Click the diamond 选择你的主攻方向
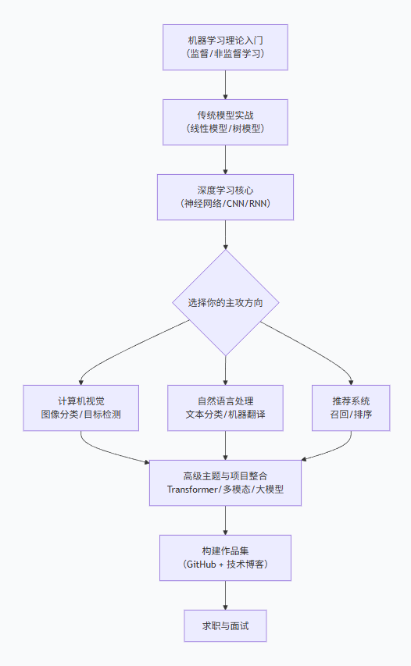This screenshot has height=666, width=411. click(x=225, y=303)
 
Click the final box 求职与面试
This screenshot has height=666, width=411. click(x=225, y=625)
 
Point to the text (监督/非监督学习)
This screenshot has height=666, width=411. click(x=225, y=54)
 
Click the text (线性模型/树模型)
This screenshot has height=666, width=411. click(x=225, y=129)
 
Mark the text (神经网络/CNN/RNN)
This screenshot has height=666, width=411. click(x=225, y=204)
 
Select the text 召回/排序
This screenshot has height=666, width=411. click(x=351, y=415)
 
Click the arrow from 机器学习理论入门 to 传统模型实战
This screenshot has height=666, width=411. click(x=225, y=84)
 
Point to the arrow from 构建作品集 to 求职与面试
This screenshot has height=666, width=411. click(x=225, y=595)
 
